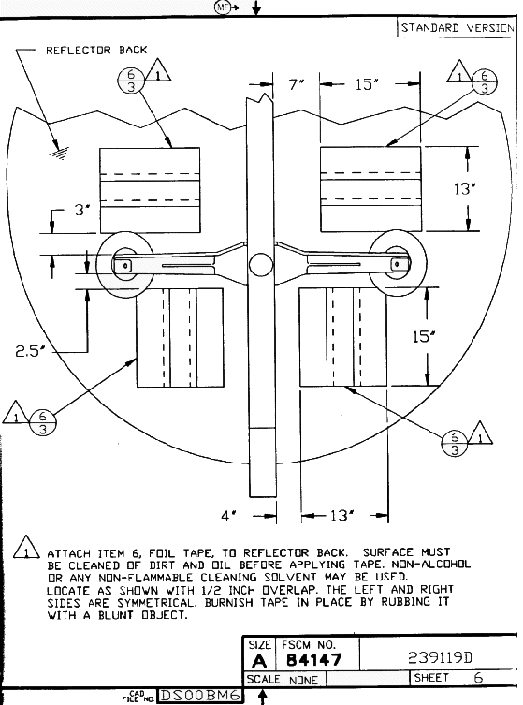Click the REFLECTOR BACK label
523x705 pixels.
pos(96,50)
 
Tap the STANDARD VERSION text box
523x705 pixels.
pos(457,28)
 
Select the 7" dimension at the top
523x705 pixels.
pos(297,84)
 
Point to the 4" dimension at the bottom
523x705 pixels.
pos(228,516)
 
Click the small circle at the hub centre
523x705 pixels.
pos(261,264)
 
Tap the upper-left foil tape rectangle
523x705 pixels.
pos(150,190)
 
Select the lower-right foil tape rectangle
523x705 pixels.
pos(343,337)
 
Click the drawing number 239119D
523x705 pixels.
pos(441,658)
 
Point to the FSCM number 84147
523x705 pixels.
pos(314,659)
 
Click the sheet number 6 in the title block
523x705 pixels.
pos(478,678)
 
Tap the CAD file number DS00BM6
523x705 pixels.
pos(200,696)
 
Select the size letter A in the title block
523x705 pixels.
pos(259,661)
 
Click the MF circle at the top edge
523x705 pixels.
pos(222,7)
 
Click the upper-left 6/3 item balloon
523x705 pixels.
pos(131,81)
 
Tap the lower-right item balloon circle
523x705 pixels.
pos(455,443)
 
